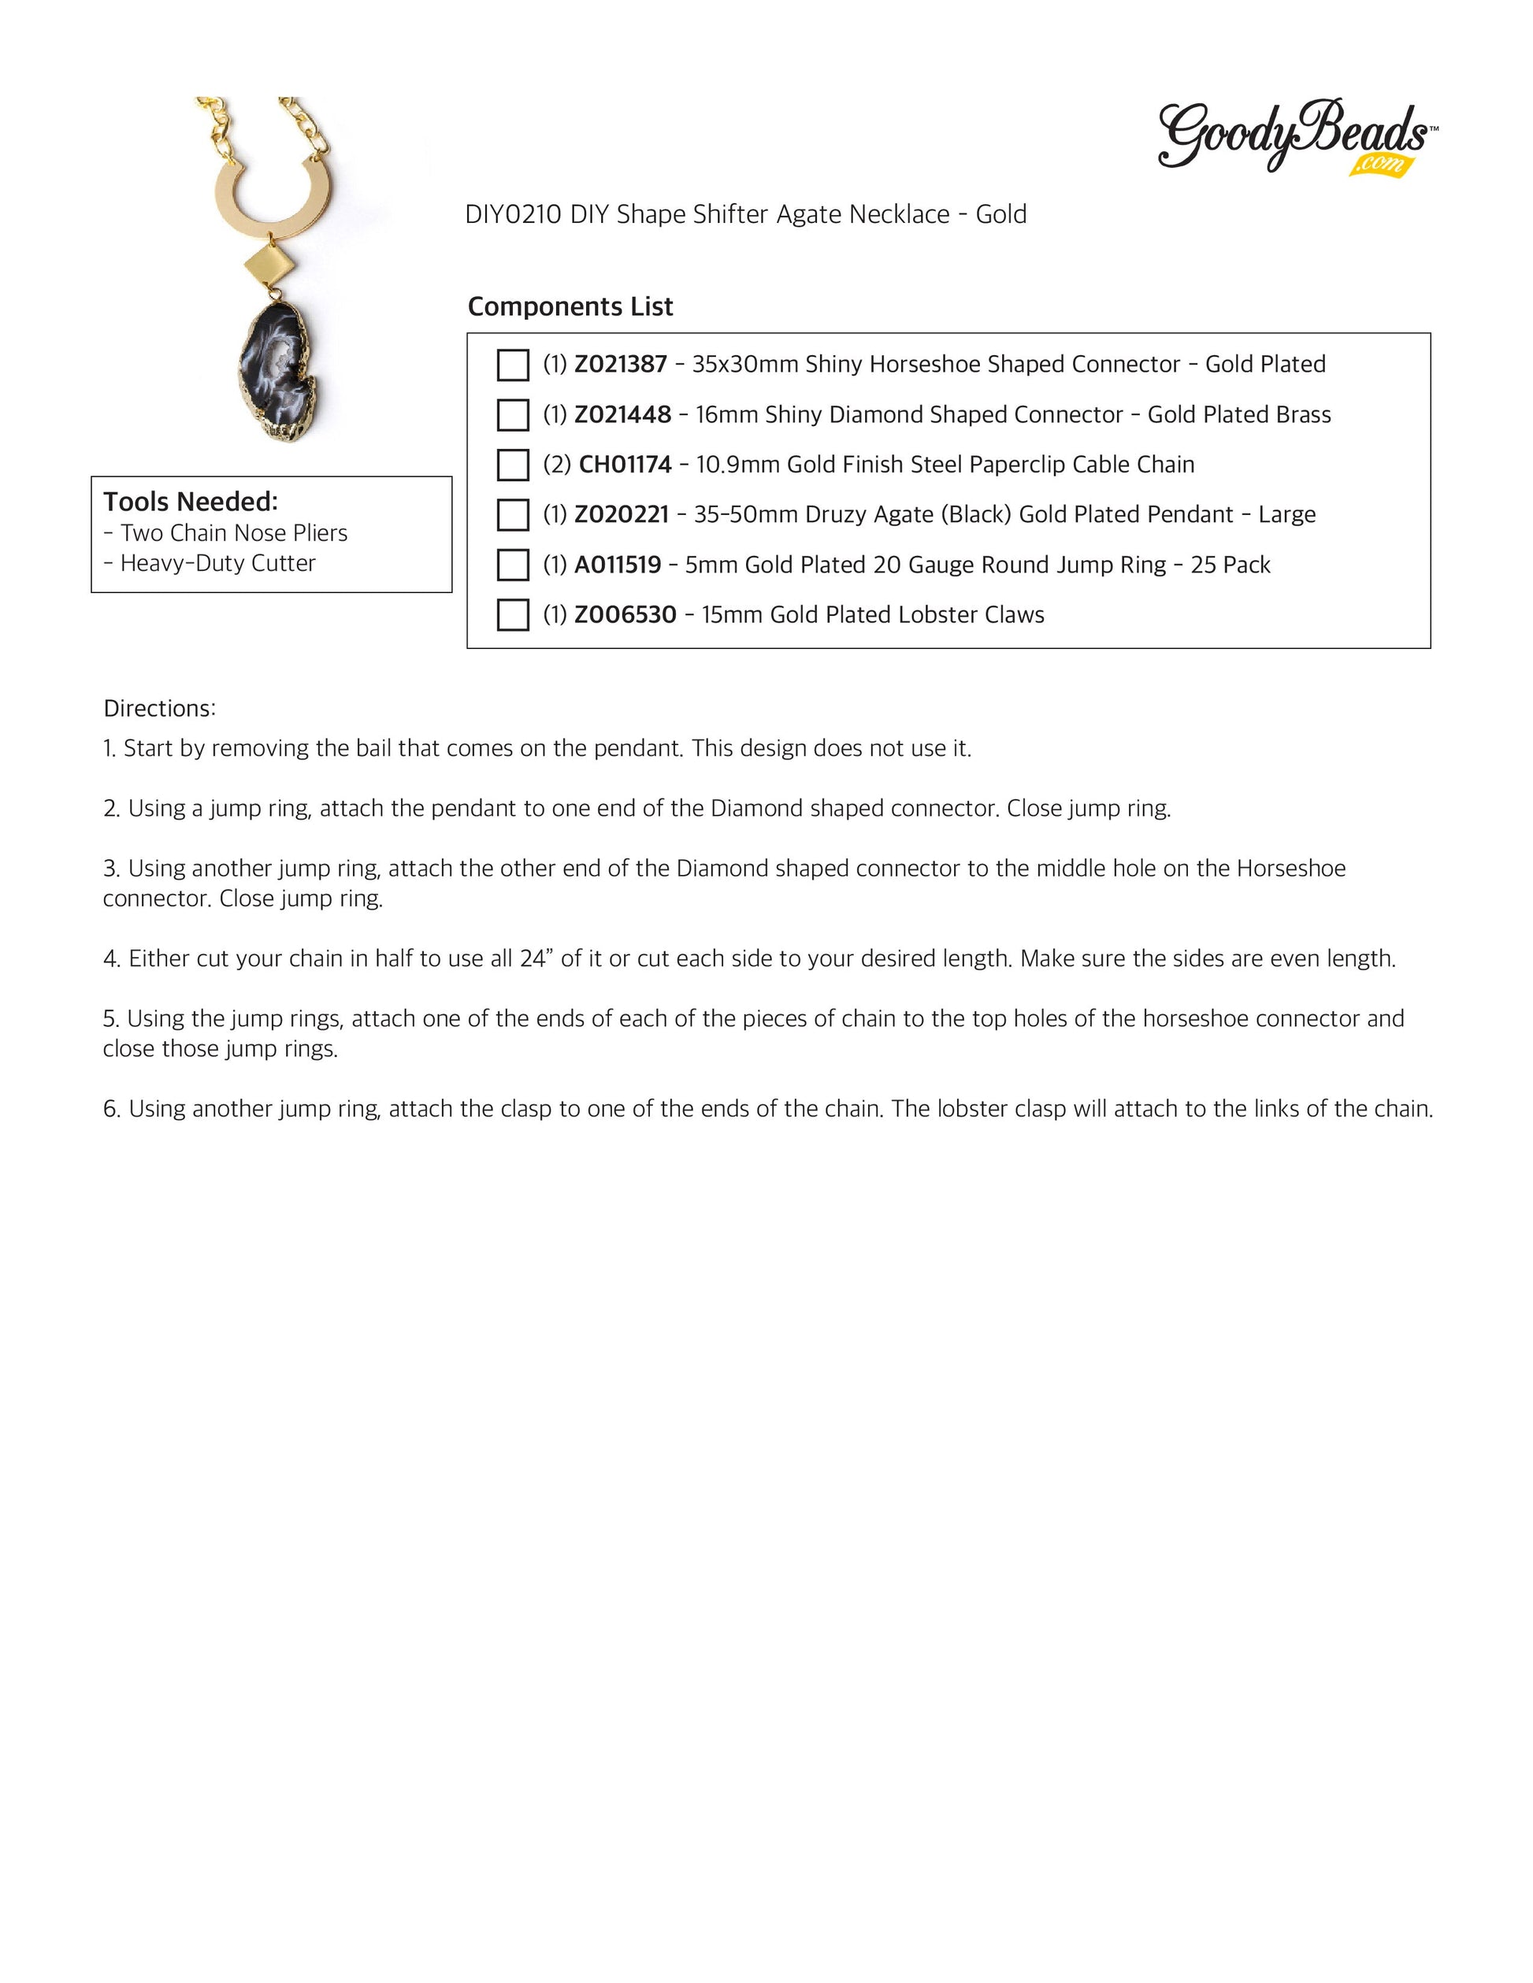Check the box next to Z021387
click(x=513, y=365)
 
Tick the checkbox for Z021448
click(x=513, y=415)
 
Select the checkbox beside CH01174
click(x=513, y=465)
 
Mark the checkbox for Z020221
click(x=513, y=515)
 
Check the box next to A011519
click(x=513, y=565)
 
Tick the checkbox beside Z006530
click(x=513, y=615)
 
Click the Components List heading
click(x=570, y=307)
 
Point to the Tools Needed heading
click(x=191, y=502)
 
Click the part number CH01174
click(x=625, y=465)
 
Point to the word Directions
click(x=159, y=709)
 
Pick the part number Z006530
click(x=625, y=615)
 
